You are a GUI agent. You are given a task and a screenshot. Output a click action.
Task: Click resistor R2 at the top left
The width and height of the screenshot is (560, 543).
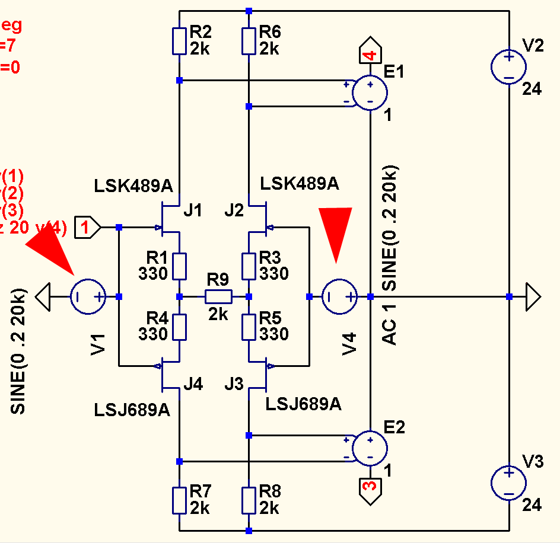pyautogui.click(x=179, y=41)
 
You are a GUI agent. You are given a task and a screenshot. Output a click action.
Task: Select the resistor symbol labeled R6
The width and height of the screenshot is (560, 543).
pyautogui.click(x=249, y=41)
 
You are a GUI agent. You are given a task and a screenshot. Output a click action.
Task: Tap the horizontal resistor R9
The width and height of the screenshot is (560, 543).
pyautogui.click(x=218, y=296)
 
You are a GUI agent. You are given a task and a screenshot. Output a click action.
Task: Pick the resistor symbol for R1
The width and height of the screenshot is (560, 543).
pyautogui.click(x=179, y=266)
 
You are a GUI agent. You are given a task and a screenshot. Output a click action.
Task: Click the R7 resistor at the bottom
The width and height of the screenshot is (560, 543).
pyautogui.click(x=179, y=500)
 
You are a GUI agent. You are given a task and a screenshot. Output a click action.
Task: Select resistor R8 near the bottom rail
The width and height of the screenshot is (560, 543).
pyautogui.click(x=249, y=500)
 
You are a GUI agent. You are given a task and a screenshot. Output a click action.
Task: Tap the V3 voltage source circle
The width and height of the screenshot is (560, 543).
pyautogui.click(x=508, y=483)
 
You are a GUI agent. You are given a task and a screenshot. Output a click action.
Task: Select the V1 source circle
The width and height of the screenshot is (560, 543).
pyautogui.click(x=88, y=296)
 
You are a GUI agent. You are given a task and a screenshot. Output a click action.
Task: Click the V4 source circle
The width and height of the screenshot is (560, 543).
pyautogui.click(x=340, y=296)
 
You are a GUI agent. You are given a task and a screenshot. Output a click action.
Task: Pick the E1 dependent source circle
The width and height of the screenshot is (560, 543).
pyautogui.click(x=370, y=92)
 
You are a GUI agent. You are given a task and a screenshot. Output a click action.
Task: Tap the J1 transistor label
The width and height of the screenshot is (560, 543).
pyautogui.click(x=193, y=210)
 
